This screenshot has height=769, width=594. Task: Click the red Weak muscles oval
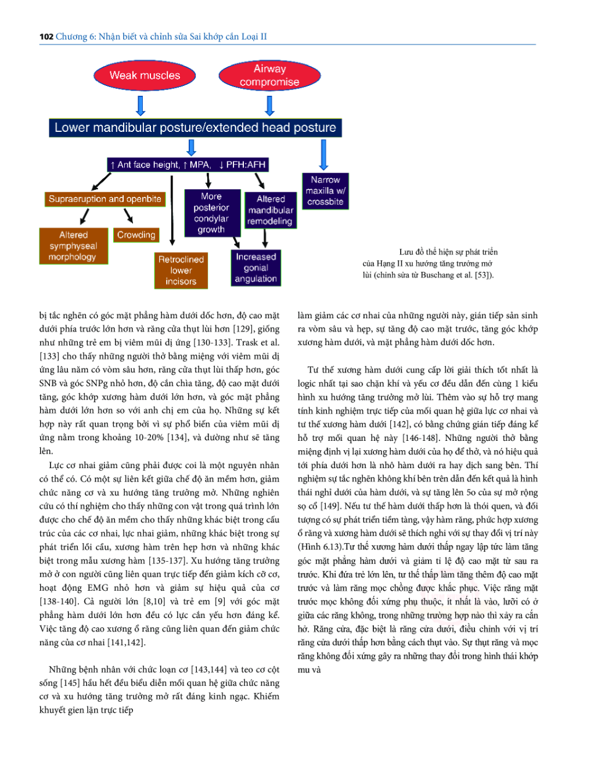145,76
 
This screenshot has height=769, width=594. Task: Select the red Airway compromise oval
269,76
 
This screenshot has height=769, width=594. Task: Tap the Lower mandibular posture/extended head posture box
195,128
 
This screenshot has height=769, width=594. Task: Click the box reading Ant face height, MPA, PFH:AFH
188,165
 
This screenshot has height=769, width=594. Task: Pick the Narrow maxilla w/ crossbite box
325,191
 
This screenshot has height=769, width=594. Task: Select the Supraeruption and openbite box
105,199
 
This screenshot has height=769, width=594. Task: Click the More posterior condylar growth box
211,213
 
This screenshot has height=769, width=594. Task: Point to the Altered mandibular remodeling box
271,210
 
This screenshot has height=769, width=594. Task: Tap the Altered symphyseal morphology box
73,246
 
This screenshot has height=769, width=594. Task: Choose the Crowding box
136,235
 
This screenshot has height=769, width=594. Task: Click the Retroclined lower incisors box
181,271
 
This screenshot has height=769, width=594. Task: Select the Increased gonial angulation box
255,268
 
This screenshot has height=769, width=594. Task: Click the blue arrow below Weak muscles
141,106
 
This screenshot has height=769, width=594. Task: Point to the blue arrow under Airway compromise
269,106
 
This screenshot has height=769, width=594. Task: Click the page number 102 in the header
46,37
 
